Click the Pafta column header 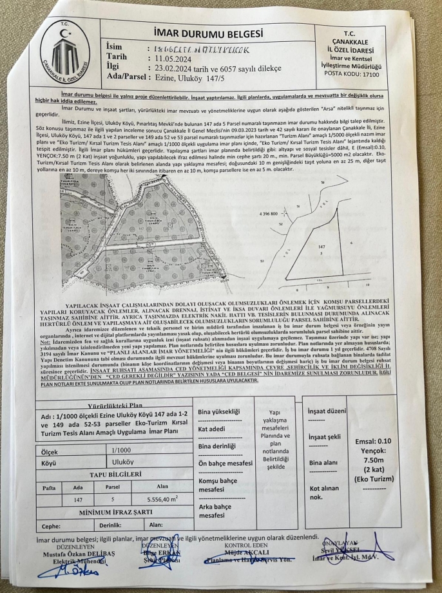tap(49, 487)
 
